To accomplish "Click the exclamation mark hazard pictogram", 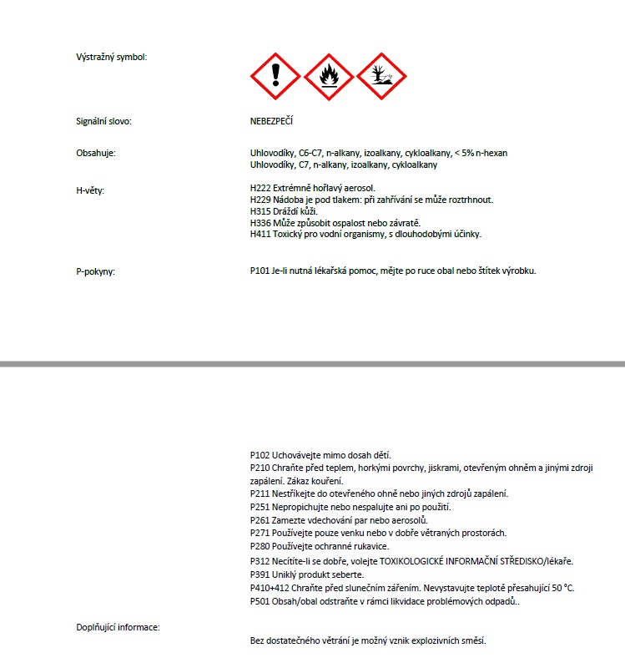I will [275, 77].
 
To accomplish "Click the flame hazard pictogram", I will [328, 77].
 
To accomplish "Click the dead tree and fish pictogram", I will [381, 77].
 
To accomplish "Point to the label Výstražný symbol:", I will [111, 58].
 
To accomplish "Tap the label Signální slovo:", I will [103, 122].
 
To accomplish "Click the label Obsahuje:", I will [95, 153].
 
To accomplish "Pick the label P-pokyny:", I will [95, 272].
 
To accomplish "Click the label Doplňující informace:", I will [118, 626].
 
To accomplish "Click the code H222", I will [260, 189].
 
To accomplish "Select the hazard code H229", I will [260, 200].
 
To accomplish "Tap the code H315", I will [260, 212].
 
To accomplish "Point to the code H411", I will [260, 235].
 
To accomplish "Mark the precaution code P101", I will [260, 271].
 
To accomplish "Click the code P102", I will [260, 456].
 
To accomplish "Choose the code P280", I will [260, 546].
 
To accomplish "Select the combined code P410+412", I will [270, 588].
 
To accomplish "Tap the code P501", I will [260, 601].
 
